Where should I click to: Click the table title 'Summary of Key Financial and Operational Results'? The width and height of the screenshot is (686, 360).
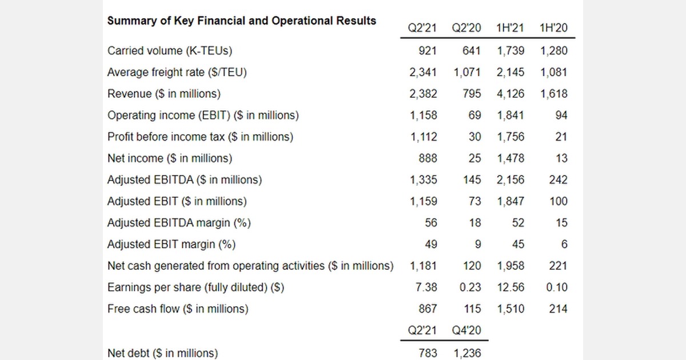[241, 21]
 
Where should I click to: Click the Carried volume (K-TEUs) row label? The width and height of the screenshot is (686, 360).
[170, 51]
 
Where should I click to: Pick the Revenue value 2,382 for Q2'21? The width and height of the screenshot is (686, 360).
[423, 94]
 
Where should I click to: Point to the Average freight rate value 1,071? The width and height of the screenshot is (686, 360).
[467, 73]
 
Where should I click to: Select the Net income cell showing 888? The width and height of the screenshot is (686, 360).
[428, 158]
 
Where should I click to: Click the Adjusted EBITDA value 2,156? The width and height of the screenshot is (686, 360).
[510, 180]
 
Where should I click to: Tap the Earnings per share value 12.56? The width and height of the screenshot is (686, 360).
[510, 287]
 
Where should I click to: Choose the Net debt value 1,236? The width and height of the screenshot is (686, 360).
[467, 354]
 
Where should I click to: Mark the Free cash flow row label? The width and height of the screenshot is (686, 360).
[178, 309]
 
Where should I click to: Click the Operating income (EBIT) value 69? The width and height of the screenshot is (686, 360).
[474, 115]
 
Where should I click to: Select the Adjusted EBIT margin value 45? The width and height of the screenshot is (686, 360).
[517, 245]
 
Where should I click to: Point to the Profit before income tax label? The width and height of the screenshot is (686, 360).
[200, 137]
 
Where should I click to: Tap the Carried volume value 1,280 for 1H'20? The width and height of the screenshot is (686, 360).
[553, 51]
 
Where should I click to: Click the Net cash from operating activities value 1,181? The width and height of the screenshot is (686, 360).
[423, 266]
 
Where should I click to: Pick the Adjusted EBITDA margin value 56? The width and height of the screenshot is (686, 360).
[430, 223]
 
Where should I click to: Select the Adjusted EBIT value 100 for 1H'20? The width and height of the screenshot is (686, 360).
[558, 202]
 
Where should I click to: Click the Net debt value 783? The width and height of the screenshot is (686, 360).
[428, 354]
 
